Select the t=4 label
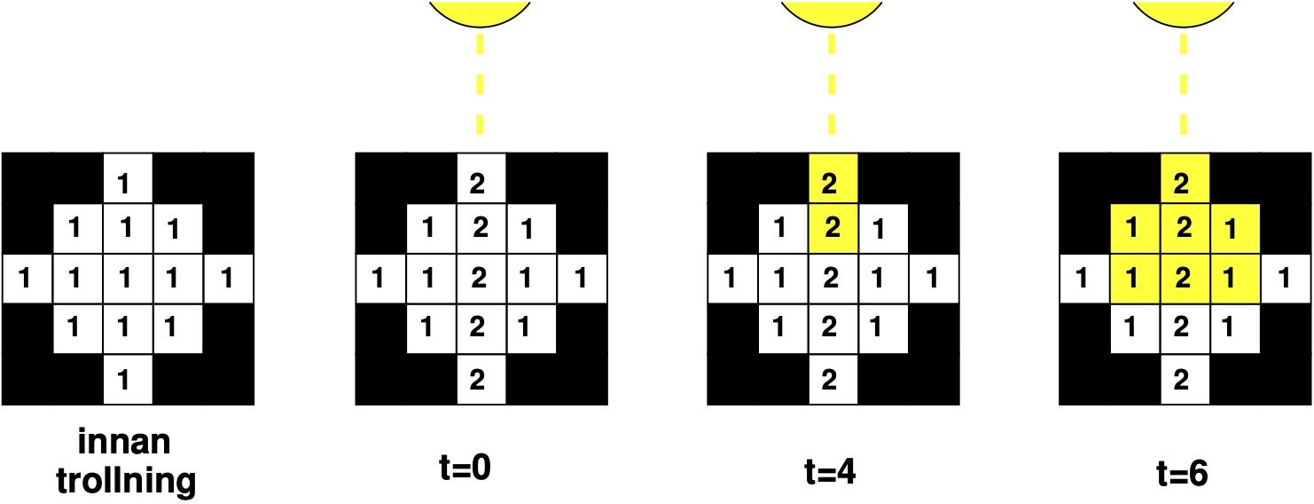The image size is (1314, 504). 832,471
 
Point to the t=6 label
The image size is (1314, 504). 1183,471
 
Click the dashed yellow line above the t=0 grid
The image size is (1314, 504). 480,84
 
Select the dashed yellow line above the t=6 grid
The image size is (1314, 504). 1184,84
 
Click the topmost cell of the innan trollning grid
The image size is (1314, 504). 128,179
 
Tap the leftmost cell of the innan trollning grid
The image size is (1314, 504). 27,280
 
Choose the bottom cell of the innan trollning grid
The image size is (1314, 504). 128,380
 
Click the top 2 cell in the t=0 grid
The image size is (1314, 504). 480,179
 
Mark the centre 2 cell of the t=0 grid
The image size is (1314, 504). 480,280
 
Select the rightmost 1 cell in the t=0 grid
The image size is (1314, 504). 581,280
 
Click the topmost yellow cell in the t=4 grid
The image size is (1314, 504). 832,179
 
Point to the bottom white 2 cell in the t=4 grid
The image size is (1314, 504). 832,380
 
